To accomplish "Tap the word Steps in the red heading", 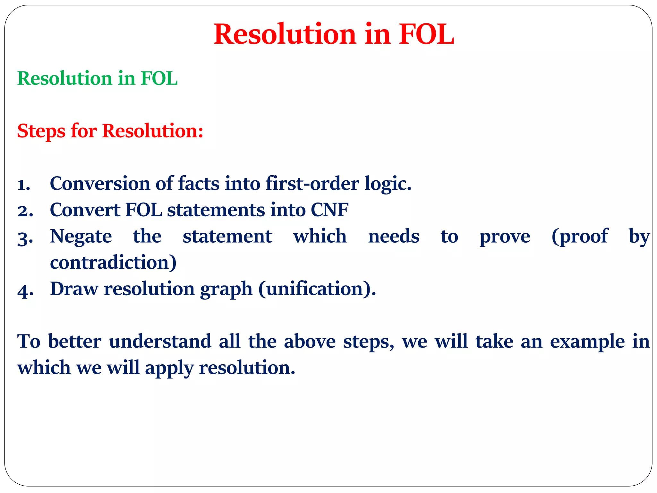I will pos(41,131).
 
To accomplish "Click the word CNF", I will pos(329,210).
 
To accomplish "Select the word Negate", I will pos(81,237).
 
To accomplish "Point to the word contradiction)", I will pos(113,263).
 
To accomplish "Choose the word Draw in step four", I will pos(74,289).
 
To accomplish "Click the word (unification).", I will pos(317,289).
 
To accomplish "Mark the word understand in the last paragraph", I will pos(160,341).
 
